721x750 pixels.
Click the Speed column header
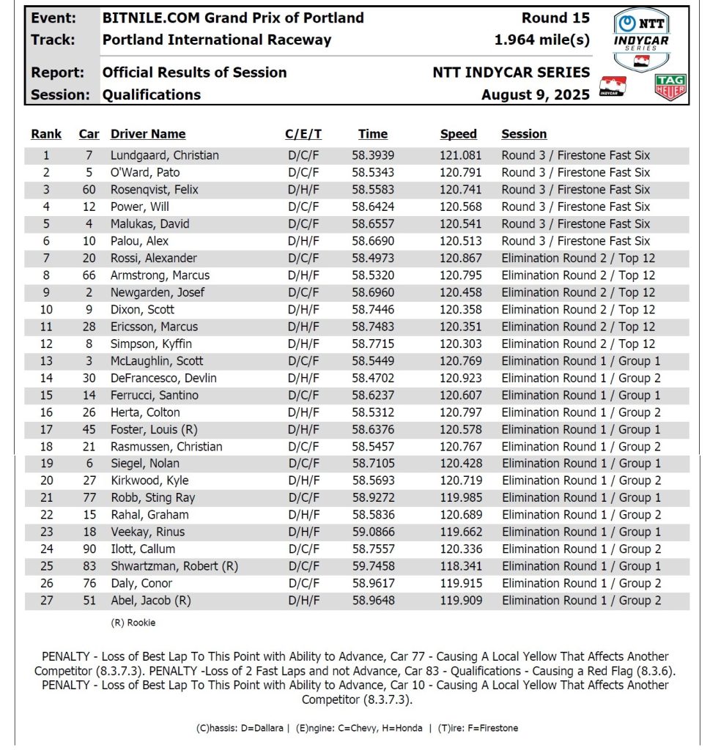(458, 134)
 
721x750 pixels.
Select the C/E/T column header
(303, 134)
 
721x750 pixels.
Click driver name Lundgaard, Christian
(164, 155)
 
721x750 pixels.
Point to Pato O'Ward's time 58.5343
(374, 173)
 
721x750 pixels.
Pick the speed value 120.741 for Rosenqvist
(458, 190)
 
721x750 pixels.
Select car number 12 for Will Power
(89, 207)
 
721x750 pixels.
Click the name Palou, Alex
(139, 241)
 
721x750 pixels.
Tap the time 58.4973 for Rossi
(374, 258)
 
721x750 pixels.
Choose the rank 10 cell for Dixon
(46, 310)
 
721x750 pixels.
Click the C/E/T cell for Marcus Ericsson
(303, 327)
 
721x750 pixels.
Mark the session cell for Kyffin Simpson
(578, 344)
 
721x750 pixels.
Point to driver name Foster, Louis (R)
(152, 429)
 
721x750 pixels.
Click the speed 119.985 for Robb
(458, 498)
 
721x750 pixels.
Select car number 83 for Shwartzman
(89, 566)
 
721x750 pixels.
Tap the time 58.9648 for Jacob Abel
(374, 601)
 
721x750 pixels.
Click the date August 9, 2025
(535, 94)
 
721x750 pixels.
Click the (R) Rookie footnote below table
(133, 623)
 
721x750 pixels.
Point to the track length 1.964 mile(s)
(541, 40)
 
